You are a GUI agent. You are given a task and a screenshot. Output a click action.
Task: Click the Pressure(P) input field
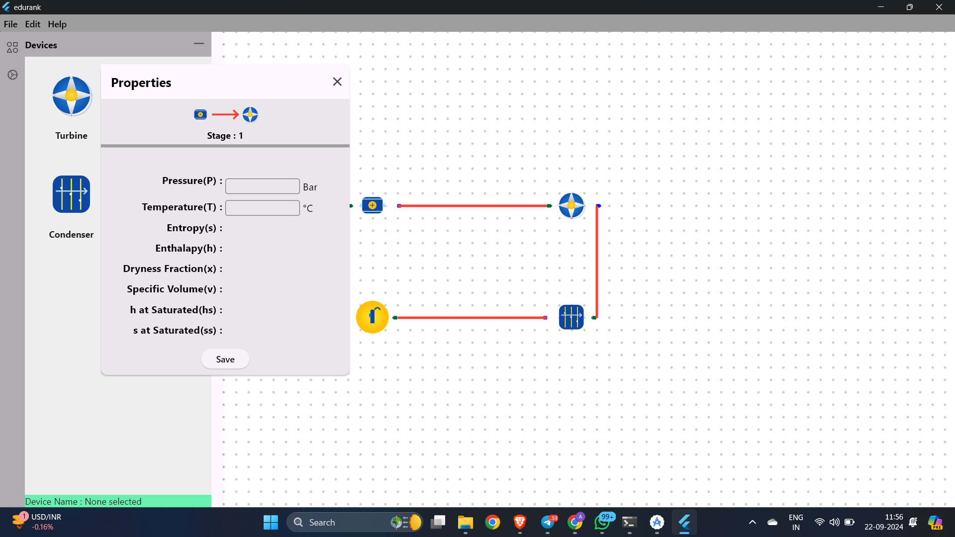(263, 186)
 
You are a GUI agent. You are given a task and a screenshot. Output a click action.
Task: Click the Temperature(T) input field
(263, 208)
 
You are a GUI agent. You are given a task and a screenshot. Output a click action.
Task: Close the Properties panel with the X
(337, 82)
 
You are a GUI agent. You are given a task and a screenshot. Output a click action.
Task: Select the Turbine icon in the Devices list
(72, 96)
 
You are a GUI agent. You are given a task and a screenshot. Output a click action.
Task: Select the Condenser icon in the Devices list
(72, 194)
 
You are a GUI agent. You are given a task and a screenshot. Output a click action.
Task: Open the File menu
(10, 24)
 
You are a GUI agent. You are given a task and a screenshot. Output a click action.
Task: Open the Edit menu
(32, 24)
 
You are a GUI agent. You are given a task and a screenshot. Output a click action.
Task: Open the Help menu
(57, 24)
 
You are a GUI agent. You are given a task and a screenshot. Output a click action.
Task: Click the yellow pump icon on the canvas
(372, 317)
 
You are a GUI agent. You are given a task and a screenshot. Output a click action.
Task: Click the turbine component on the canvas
(572, 205)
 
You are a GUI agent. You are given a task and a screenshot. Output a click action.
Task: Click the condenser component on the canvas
(571, 317)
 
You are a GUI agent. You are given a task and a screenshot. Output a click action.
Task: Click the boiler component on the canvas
(372, 205)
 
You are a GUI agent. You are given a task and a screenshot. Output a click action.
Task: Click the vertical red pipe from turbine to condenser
(597, 262)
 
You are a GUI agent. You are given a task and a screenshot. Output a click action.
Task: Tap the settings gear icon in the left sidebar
(12, 75)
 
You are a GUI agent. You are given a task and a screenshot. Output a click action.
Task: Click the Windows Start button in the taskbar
(271, 522)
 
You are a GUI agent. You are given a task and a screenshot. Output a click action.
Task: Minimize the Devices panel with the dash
(199, 44)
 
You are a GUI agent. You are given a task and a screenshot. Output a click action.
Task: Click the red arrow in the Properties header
(225, 115)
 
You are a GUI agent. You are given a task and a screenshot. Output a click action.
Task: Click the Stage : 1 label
(225, 136)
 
